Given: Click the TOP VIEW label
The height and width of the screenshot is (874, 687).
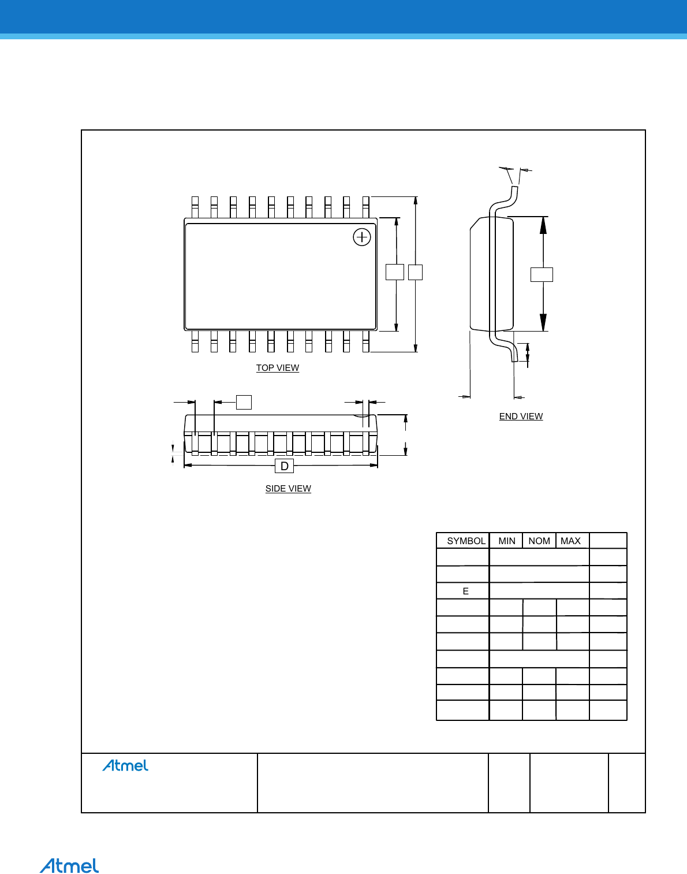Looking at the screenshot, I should [278, 368].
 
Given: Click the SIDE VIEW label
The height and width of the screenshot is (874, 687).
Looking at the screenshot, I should [288, 489].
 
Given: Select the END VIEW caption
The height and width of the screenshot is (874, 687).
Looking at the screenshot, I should [521, 416].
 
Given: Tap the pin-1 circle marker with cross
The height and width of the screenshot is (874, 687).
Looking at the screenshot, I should [362, 237].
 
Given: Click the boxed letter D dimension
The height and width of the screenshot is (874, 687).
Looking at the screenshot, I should [284, 466].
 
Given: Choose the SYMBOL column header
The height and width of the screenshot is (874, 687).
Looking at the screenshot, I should [466, 541].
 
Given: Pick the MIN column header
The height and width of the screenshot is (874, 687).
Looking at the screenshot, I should [507, 541].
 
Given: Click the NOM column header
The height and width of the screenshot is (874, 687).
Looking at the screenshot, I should [539, 541].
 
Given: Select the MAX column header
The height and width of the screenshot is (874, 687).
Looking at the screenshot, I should [570, 541].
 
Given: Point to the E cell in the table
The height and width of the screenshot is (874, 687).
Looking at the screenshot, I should [466, 592].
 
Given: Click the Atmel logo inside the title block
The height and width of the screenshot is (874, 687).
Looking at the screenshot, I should [125, 765].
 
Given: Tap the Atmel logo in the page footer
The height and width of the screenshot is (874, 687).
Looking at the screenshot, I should [69, 866].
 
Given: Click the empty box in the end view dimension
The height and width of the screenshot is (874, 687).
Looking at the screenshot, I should [542, 274].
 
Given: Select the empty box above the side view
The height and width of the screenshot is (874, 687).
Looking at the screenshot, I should [244, 402].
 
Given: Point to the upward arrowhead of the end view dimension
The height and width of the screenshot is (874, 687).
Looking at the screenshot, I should [543, 225].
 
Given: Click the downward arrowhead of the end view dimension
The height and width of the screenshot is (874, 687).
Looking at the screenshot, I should [543, 323].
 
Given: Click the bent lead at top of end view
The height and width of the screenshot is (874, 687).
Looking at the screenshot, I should [505, 200].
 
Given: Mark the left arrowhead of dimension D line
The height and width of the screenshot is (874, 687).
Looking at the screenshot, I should [188, 465].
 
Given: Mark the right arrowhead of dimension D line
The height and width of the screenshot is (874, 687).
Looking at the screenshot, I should [374, 465].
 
